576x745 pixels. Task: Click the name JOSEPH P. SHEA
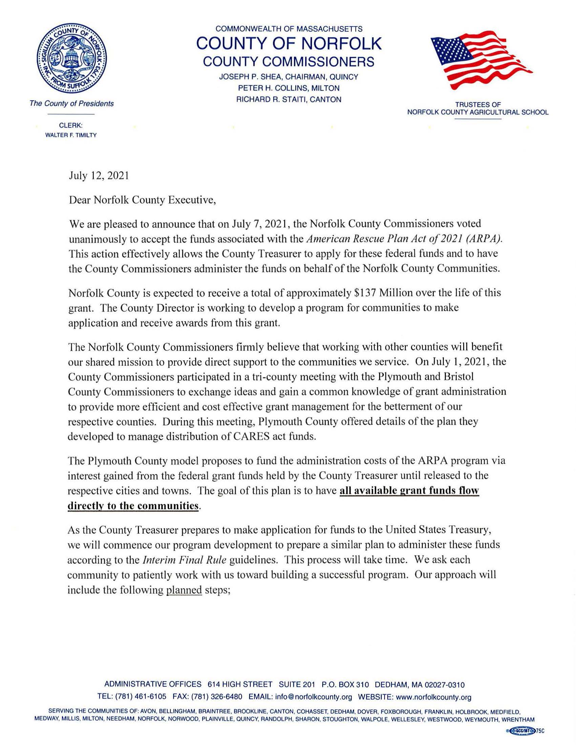pyautogui.click(x=243, y=77)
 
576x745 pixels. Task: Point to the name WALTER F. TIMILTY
pyautogui.click(x=71, y=135)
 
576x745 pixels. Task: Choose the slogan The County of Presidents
pyautogui.click(x=71, y=103)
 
